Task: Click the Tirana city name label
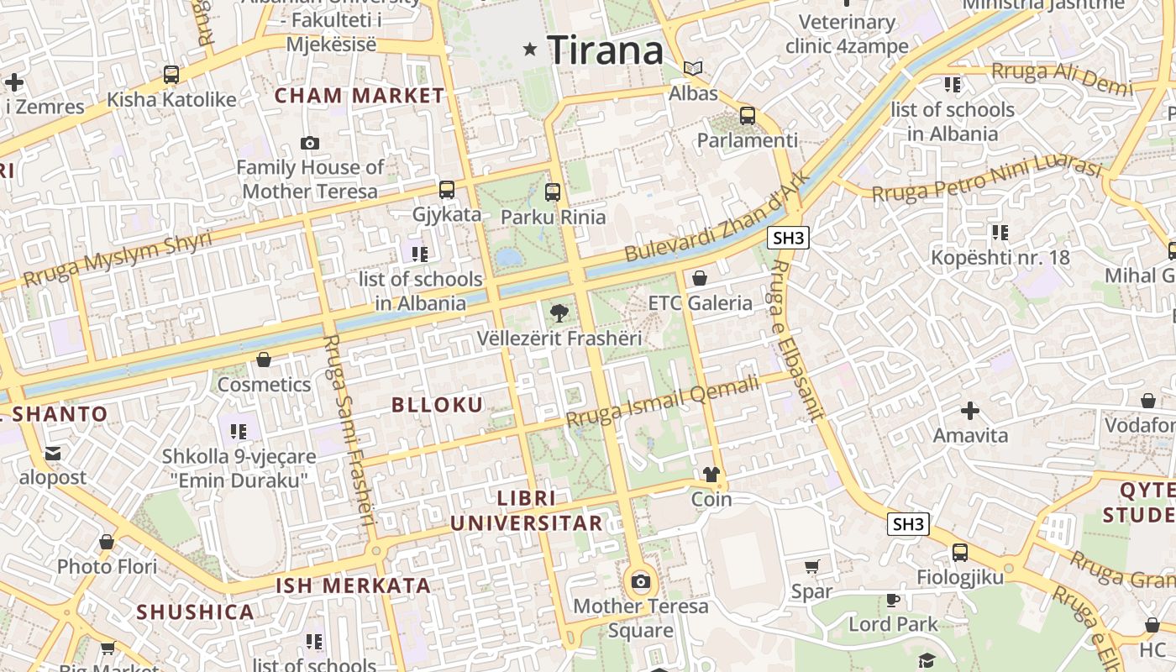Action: [606, 50]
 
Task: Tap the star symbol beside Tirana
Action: [529, 50]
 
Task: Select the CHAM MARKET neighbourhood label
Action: [360, 95]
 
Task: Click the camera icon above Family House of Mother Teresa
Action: [310, 143]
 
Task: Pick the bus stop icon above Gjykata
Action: [447, 190]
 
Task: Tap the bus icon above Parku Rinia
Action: [552, 192]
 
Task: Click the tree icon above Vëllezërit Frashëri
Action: [559, 314]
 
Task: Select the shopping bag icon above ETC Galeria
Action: [700, 278]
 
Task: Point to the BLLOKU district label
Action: [438, 405]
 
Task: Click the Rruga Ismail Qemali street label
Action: [662, 400]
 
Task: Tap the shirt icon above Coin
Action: [711, 475]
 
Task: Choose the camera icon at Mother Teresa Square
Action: [641, 581]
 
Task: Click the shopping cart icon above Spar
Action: [811, 567]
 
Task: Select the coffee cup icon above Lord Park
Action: [892, 600]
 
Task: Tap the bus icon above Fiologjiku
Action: [959, 553]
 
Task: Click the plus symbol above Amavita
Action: [970, 411]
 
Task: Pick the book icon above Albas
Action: [693, 69]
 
